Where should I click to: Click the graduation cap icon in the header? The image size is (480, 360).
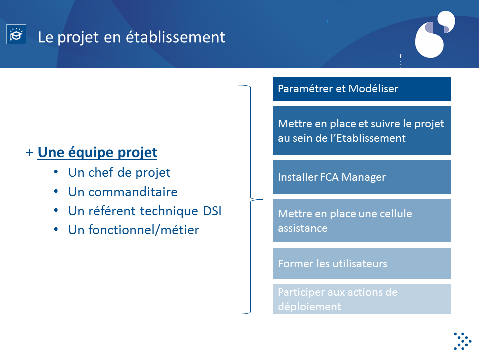[16, 34]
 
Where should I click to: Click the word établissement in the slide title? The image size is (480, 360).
[175, 37]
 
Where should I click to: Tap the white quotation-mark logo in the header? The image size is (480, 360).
[435, 34]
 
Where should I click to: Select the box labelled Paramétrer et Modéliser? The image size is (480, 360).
[362, 89]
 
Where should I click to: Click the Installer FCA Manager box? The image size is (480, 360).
[362, 177]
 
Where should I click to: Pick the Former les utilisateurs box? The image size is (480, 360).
[362, 263]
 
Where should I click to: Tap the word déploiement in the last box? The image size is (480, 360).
[310, 306]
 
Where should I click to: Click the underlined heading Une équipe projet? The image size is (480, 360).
[97, 153]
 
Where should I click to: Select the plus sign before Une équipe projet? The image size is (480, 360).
[29, 153]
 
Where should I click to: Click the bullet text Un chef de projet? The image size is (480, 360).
[119, 172]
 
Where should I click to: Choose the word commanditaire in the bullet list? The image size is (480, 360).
[133, 192]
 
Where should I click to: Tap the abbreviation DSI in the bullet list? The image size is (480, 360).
[212, 211]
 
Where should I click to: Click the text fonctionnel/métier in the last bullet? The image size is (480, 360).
[144, 230]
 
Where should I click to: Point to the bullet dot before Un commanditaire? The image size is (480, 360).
[56, 191]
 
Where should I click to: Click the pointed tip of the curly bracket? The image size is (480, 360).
[262, 200]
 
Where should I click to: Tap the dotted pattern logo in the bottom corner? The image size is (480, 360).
[463, 341]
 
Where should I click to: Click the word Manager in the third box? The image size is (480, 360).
[363, 177]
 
